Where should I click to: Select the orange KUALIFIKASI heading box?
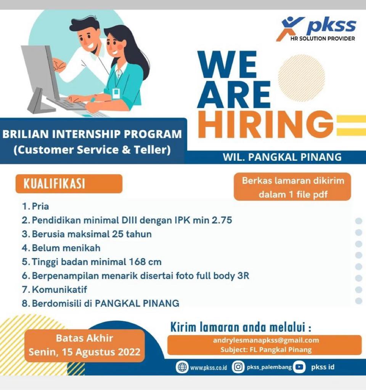tap(69, 184)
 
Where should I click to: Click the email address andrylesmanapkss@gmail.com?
tap(266, 340)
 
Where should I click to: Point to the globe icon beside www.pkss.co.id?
tap(182, 367)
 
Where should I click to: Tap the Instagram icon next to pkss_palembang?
tap(238, 367)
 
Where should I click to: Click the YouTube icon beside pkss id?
tap(299, 367)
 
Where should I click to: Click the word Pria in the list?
tap(40, 206)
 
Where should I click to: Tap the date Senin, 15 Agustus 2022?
tap(85, 352)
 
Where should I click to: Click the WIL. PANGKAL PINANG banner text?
tap(282, 157)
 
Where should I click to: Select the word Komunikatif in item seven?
tap(59, 289)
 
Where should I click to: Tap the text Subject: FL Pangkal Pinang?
tap(266, 350)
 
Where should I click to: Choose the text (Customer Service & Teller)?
tap(92, 150)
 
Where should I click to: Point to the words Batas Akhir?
tap(84, 338)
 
